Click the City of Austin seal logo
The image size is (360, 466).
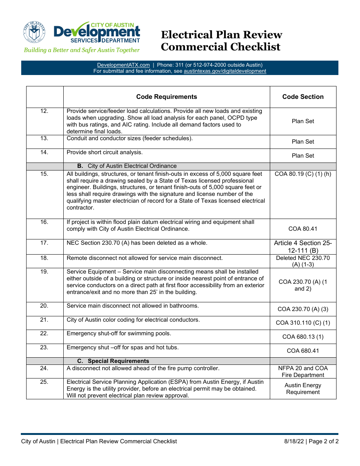[x=34, y=32]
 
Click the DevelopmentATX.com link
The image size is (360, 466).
[x=123, y=65]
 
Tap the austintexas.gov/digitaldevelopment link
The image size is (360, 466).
[x=225, y=71]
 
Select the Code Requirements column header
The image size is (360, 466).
[x=166, y=97]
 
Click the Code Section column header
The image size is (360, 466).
[x=303, y=97]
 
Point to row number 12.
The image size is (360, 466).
[x=44, y=111]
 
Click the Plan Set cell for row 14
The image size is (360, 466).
[x=303, y=156]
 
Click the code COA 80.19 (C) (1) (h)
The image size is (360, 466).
[x=303, y=174]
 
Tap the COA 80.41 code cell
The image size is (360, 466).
[x=303, y=229]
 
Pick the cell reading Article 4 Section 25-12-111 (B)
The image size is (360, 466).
[x=303, y=247]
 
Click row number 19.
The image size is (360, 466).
[x=44, y=272]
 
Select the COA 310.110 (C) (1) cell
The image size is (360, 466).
[x=303, y=323]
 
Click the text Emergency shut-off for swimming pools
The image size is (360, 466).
[x=119, y=333]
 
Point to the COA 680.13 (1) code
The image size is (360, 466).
[x=303, y=337]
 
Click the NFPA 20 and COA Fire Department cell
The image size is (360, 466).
[x=303, y=372]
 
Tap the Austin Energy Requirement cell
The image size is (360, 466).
[x=303, y=389]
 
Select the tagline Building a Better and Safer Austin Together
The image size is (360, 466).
[x=82, y=50]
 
